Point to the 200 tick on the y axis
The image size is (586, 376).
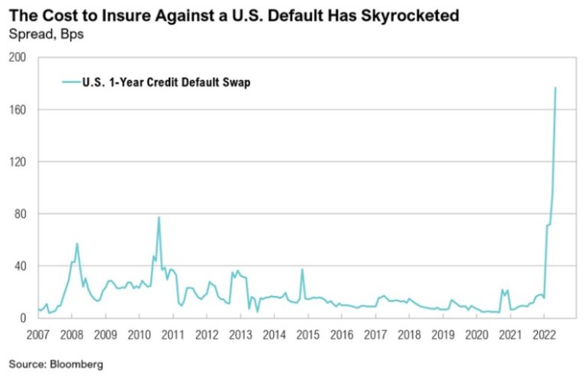pyautogui.click(x=18, y=58)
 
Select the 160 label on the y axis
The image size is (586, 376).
pyautogui.click(x=18, y=110)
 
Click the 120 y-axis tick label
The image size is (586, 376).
pyautogui.click(x=18, y=162)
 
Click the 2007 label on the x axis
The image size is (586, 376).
pyautogui.click(x=37, y=335)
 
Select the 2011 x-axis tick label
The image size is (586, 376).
pyautogui.click(x=172, y=335)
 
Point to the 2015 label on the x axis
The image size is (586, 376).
pyautogui.click(x=307, y=335)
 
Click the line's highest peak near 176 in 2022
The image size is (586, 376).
pyautogui.click(x=555, y=88)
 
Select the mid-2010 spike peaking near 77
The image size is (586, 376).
pyautogui.click(x=159, y=217)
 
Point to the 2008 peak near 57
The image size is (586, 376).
pyautogui.click(x=77, y=244)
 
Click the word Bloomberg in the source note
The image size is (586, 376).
pyautogui.click(x=76, y=365)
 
